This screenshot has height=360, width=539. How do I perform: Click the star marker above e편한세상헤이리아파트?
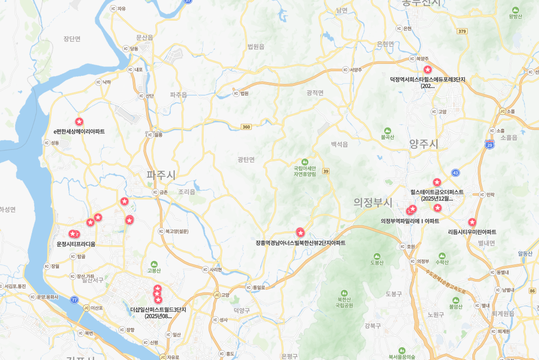pos(79,122)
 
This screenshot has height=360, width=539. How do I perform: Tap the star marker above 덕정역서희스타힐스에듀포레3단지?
pos(427,70)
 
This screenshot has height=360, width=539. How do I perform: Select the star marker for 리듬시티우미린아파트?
pos(472,222)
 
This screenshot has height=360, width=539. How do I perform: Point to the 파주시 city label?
pos(161,175)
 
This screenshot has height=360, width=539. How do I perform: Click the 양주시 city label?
pos(424,144)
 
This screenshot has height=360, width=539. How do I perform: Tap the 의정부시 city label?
pos(373,202)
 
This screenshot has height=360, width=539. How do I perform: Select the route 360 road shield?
pos(246,127)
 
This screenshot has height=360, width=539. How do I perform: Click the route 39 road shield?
pos(325,171)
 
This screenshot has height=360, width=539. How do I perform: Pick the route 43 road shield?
pos(455,173)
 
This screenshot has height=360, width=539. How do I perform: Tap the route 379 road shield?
pos(462,31)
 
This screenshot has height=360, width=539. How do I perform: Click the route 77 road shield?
pos(74,299)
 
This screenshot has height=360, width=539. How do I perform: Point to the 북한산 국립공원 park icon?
pos(344,293)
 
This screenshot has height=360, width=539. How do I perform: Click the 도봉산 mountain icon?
pos(377,256)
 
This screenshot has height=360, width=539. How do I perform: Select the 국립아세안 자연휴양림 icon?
pos(305,162)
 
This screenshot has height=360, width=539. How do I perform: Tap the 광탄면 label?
pos(246,159)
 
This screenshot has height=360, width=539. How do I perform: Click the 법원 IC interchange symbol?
pos(236,93)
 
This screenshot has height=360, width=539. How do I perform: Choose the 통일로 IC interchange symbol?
pos(249,287)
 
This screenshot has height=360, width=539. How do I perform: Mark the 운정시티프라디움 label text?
pos(76,244)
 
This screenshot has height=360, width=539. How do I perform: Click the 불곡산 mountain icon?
pos(387,131)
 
